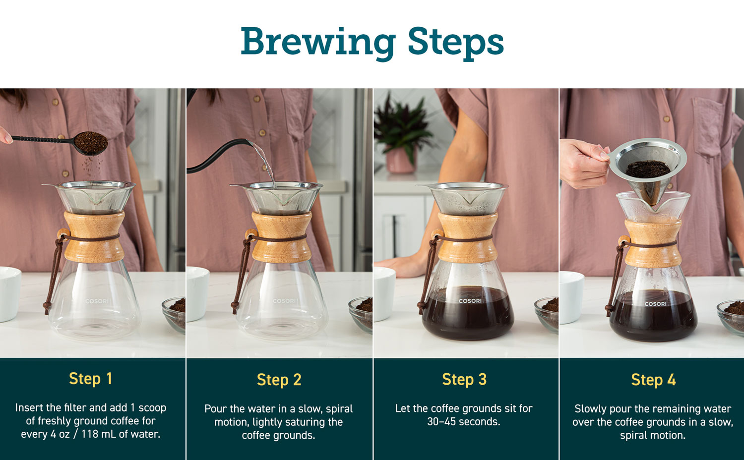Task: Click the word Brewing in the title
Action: pyautogui.click(x=318, y=43)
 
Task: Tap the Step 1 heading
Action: pyautogui.click(x=90, y=379)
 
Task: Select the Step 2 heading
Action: pyautogui.click(x=279, y=380)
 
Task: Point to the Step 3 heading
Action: pyautogui.click(x=464, y=380)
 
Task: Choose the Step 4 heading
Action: pyautogui.click(x=653, y=380)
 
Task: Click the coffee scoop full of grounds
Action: pyautogui.click(x=60, y=143)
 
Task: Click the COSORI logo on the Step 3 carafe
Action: pyautogui.click(x=470, y=301)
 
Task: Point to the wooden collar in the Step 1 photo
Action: pyautogui.click(x=94, y=236)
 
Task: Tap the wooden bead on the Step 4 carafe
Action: pyautogui.click(x=623, y=240)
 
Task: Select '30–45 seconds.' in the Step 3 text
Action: pyautogui.click(x=464, y=422)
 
